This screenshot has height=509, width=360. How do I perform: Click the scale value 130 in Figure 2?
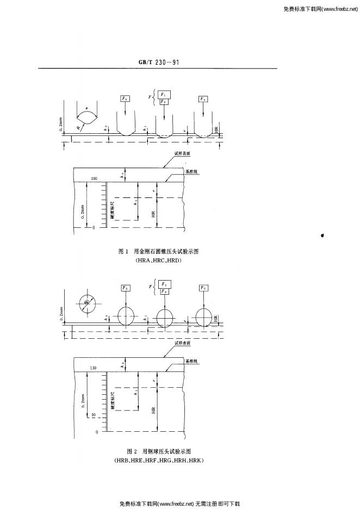coord(94,368)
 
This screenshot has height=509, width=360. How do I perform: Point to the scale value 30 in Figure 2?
coord(93,414)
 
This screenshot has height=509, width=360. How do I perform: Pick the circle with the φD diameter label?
coord(86,302)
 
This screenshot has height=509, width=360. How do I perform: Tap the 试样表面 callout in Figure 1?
coord(182,153)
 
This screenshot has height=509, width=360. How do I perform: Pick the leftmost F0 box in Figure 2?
coord(126,287)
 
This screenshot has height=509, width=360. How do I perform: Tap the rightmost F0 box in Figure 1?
coord(203,99)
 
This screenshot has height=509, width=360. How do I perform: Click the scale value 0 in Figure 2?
coord(96,432)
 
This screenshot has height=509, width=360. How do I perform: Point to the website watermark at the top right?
coord(320,9)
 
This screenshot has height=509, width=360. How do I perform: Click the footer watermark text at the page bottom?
coord(179,504)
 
